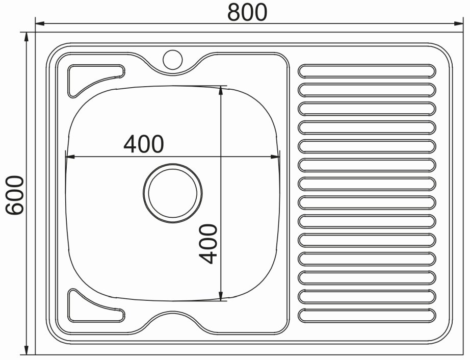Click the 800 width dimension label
247,13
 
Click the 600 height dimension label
15,195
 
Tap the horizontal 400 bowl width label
144,144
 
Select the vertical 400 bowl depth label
207,244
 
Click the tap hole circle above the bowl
173,59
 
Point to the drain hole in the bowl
173,193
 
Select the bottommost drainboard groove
367,315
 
